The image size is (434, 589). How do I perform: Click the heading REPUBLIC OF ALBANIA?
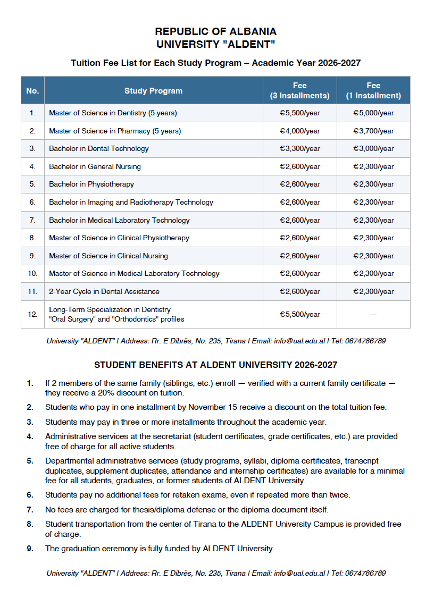click(x=215, y=32)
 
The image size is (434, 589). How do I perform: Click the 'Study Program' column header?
click(x=153, y=91)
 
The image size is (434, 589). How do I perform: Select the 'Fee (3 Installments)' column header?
click(x=299, y=91)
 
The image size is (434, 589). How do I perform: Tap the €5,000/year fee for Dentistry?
click(x=373, y=113)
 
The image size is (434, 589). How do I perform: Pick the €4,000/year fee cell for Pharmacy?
click(x=300, y=131)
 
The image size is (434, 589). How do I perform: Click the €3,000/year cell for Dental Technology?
click(x=373, y=148)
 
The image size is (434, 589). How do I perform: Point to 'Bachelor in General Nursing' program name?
click(x=95, y=166)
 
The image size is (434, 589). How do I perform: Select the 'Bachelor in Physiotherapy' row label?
click(x=91, y=184)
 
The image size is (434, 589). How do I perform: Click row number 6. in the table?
click(x=32, y=202)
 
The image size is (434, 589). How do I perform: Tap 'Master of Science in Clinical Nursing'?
click(x=108, y=256)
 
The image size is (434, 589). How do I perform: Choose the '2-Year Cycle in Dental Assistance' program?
click(x=104, y=291)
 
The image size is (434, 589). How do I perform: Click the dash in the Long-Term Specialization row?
click(x=373, y=314)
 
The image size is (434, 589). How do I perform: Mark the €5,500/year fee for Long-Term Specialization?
click(x=300, y=314)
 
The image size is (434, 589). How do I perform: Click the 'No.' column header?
click(x=32, y=91)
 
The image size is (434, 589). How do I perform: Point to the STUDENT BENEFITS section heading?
click(x=215, y=365)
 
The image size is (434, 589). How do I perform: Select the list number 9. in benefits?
click(x=30, y=549)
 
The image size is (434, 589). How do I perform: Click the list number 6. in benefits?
click(x=30, y=495)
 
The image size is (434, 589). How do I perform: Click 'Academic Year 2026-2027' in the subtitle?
click(x=306, y=63)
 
